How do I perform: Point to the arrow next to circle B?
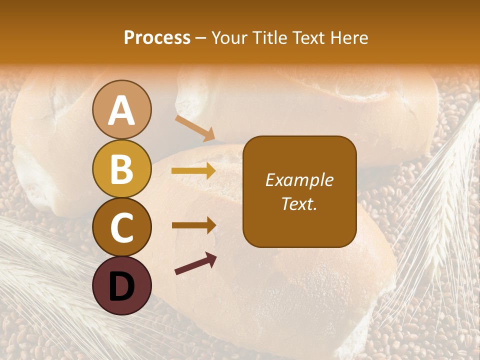click(193, 171)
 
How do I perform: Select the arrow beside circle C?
click(193, 225)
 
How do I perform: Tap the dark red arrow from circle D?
click(195, 263)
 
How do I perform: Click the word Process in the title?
click(157, 37)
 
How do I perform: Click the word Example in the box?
click(299, 180)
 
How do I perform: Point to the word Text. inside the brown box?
click(299, 203)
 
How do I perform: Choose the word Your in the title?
click(229, 37)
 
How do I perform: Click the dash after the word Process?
click(201, 38)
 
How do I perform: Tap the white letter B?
click(121, 169)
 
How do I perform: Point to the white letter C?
click(121, 228)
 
